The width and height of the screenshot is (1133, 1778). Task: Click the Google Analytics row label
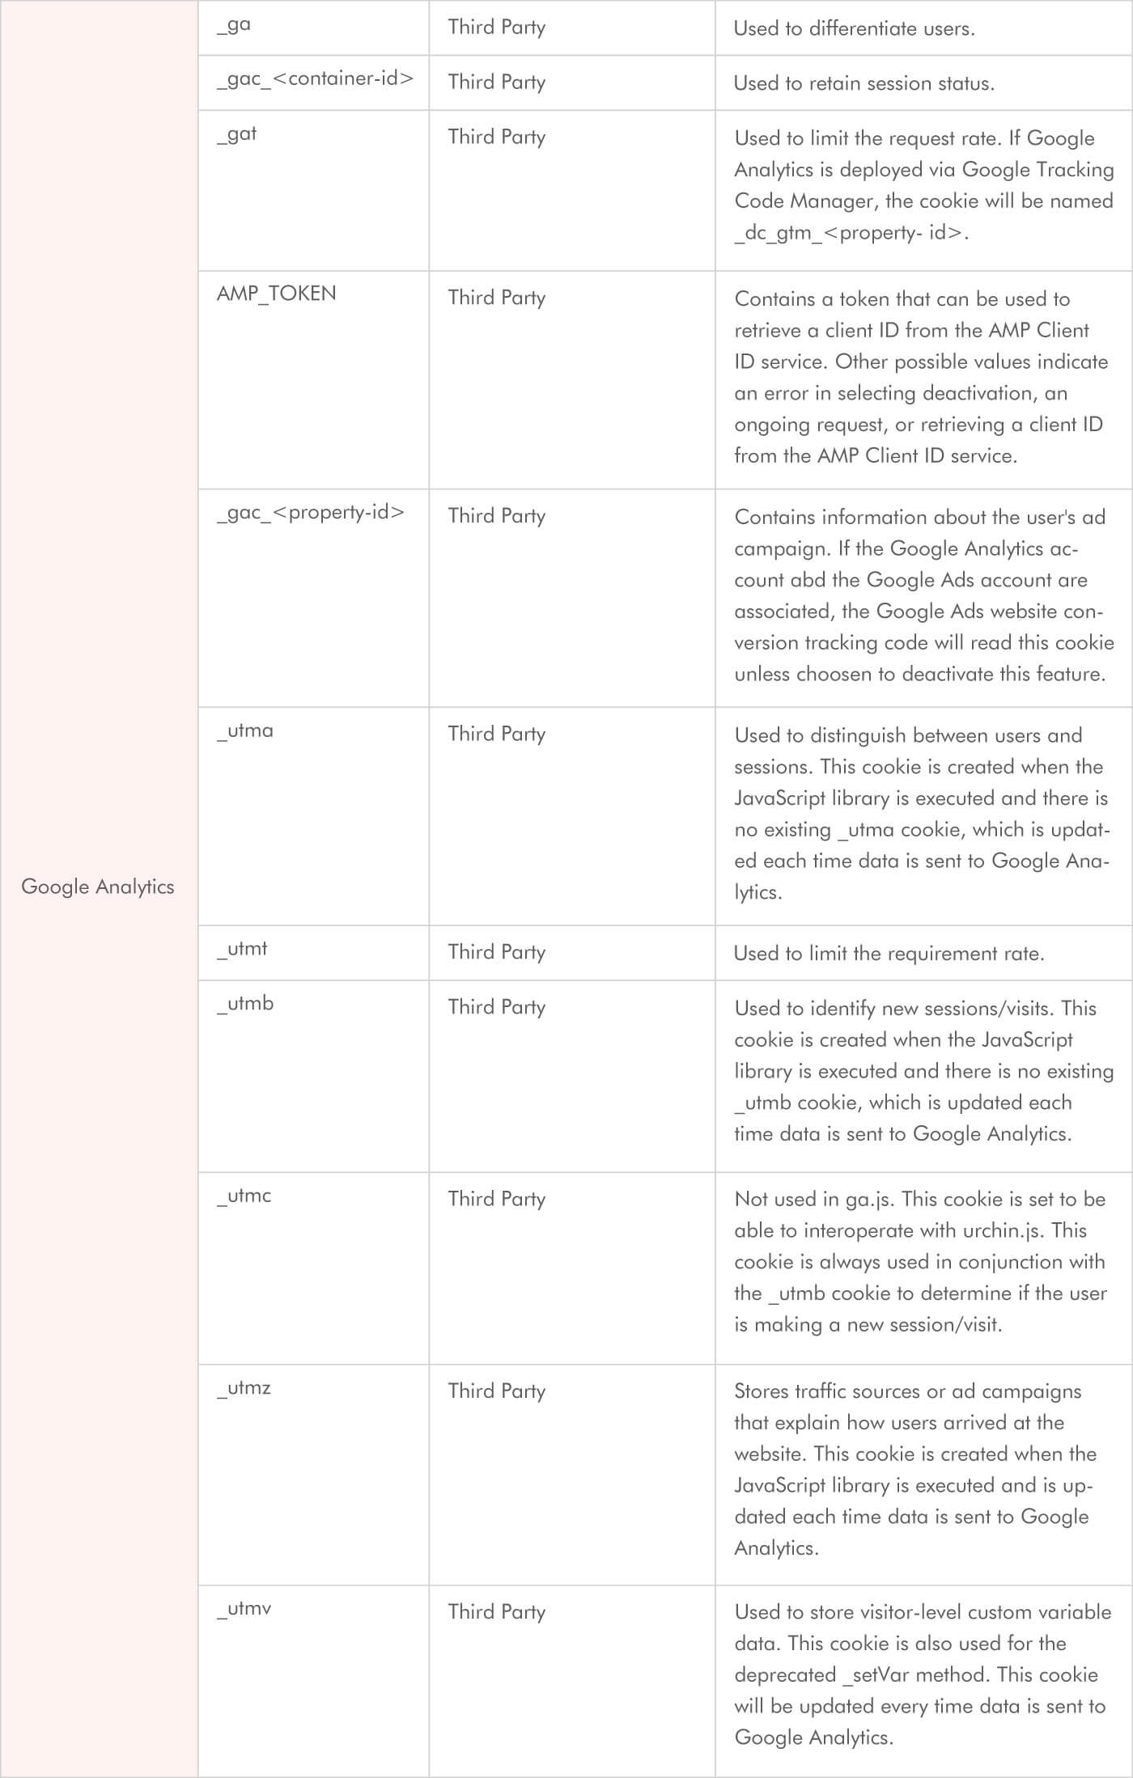pos(98,887)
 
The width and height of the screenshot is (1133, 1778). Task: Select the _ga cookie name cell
pos(234,25)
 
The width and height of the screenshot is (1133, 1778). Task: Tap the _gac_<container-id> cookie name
pos(315,79)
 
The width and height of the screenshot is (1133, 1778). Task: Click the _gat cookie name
pos(236,134)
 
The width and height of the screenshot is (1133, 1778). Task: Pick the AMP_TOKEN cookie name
pos(276,294)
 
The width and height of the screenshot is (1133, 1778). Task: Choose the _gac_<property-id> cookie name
pos(311,513)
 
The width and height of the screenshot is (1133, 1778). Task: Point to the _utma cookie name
pos(245,731)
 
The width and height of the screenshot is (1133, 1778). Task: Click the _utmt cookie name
pos(242,949)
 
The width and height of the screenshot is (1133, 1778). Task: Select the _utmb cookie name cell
pos(245,1004)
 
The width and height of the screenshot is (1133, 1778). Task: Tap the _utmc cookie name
pos(244,1196)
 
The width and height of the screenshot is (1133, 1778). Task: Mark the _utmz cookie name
pos(244,1388)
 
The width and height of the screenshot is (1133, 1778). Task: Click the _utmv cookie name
pos(244,1608)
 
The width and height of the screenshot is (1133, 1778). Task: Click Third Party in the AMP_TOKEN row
pos(496,298)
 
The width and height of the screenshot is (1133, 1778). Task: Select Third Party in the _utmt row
pos(496,952)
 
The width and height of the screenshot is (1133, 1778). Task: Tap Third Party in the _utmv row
pos(496,1611)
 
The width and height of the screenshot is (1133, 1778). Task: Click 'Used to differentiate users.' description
pos(854,28)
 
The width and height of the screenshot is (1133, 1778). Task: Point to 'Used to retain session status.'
pos(864,83)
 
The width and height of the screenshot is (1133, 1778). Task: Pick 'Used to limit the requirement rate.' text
pos(889,954)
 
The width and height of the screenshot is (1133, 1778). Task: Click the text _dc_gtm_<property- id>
pos(851,233)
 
